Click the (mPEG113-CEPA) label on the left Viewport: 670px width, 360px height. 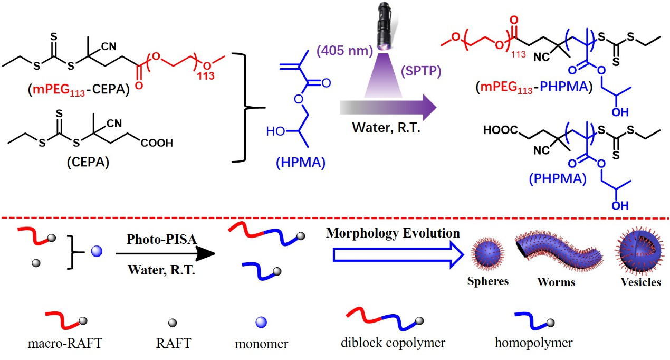point(75,90)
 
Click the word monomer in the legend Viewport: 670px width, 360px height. point(262,344)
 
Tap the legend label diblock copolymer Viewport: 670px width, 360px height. point(393,343)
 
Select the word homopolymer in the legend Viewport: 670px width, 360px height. point(533,343)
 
